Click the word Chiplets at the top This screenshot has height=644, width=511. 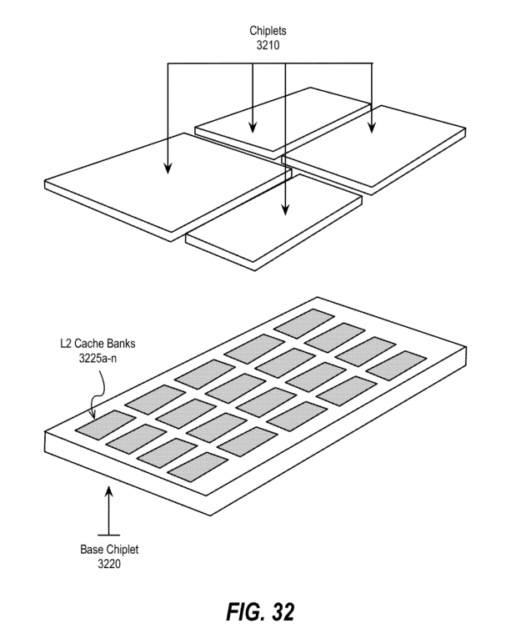(268, 31)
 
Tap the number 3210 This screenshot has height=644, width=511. (268, 45)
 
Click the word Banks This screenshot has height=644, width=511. (120, 344)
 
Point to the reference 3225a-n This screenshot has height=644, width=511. (98, 358)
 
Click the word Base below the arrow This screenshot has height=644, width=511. (91, 550)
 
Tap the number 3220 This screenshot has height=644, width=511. (109, 564)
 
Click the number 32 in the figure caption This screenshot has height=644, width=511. (283, 611)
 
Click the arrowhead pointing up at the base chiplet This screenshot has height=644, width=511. (108, 491)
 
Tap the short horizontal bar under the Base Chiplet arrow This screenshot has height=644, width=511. (108, 536)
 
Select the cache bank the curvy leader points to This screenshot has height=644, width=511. (105, 422)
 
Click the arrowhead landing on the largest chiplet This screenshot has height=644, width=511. (168, 169)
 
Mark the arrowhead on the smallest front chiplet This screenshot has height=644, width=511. (286, 209)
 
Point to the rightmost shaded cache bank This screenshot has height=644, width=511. (396, 363)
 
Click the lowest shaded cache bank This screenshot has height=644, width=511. (198, 467)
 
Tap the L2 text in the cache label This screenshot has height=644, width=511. (66, 344)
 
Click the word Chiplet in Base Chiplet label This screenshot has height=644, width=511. (122, 550)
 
